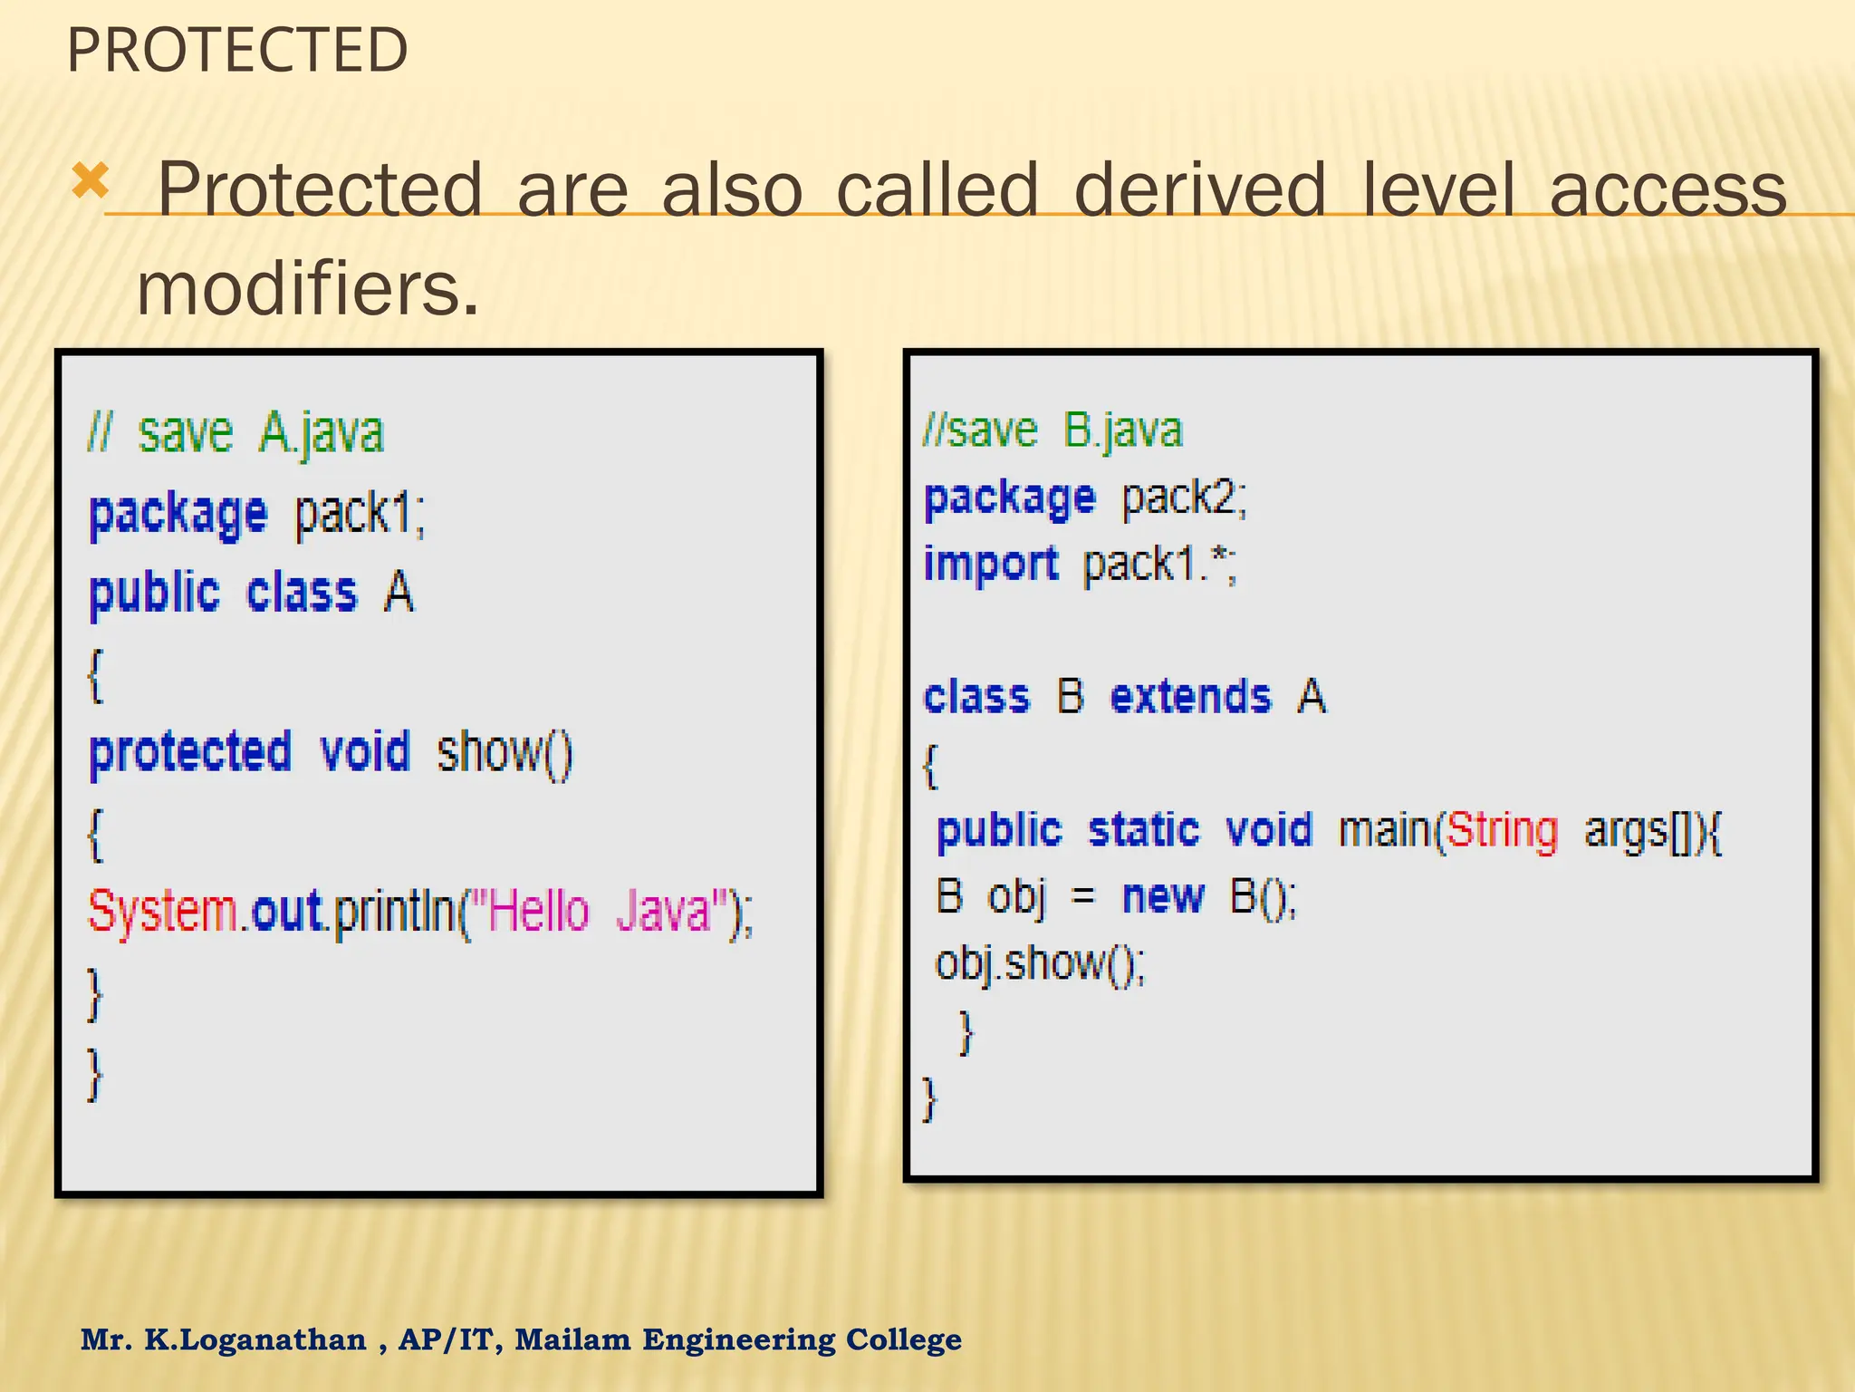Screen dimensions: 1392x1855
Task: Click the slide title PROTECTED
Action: [237, 51]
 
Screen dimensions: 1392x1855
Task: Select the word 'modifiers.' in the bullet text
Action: [307, 289]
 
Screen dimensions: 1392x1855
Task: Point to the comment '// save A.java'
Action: [235, 432]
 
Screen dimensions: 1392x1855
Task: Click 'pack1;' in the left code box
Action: [360, 514]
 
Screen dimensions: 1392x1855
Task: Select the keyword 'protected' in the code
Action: [190, 752]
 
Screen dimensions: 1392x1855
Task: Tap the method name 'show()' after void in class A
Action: [505, 752]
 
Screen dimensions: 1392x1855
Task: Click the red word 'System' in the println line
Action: [162, 911]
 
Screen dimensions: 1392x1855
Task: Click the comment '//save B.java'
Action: [1052, 430]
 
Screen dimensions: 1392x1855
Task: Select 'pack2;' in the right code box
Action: [1184, 498]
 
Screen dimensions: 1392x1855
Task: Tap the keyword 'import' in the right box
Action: [991, 564]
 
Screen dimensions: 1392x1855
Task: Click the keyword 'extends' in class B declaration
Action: [1191, 697]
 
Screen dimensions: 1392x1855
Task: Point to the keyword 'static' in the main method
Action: [1144, 830]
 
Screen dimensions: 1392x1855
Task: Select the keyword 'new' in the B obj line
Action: [1163, 897]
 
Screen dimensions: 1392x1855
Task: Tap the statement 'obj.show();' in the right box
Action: [1040, 963]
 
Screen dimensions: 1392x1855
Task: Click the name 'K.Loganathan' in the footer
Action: [255, 1339]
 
